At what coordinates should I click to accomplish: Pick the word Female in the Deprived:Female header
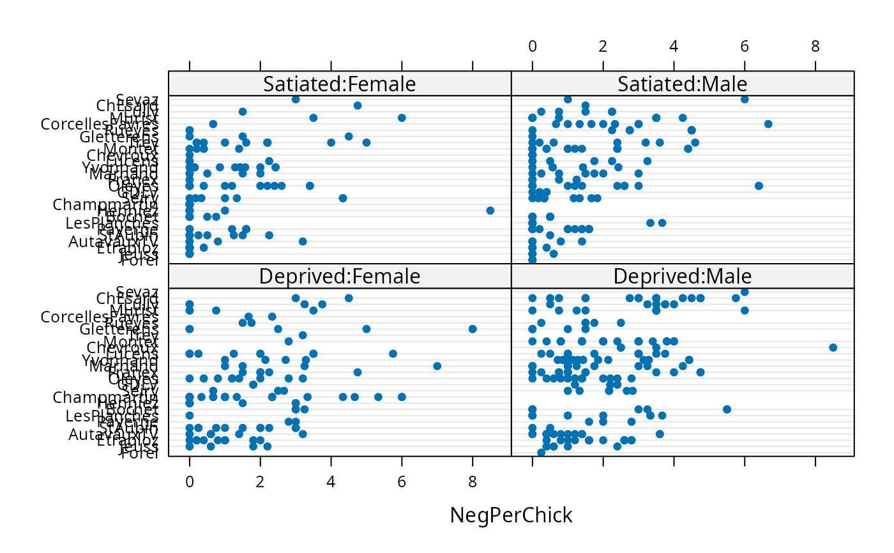384,276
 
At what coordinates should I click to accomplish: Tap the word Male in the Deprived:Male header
729,276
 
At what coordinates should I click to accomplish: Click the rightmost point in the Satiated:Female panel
490,211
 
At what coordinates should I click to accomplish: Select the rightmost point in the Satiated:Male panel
768,124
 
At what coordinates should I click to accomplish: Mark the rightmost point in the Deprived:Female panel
473,329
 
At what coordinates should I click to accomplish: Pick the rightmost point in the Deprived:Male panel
833,347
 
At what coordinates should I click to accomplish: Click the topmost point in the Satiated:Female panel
296,99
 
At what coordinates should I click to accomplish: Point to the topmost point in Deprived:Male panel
745,292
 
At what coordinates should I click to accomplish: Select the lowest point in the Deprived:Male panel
541,452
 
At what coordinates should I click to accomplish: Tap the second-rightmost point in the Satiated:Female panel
402,117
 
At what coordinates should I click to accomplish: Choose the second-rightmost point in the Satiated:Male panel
759,186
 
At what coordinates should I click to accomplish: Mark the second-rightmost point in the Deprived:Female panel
437,366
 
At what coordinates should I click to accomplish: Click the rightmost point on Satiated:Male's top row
745,99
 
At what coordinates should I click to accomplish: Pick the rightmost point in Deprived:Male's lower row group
727,409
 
